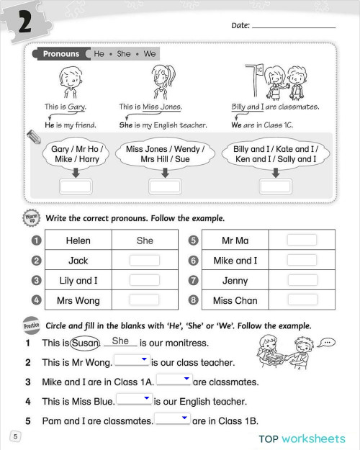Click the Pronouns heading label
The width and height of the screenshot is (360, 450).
point(60,54)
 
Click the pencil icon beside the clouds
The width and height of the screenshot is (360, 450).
point(33,137)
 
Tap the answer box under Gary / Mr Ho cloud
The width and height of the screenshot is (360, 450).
point(76,186)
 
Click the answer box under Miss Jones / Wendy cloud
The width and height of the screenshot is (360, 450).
point(165,186)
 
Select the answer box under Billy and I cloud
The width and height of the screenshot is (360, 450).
point(275,186)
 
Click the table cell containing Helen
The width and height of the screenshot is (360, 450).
point(78,240)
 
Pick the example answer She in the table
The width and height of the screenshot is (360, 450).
point(145,240)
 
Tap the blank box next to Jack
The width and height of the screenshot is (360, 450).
point(145,261)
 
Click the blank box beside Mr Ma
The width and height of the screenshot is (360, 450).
point(302,240)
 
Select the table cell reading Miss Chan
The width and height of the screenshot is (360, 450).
point(235,300)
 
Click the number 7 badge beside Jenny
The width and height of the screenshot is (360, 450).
point(193,281)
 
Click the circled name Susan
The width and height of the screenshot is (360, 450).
point(85,343)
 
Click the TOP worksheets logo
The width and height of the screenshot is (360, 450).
point(302,438)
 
